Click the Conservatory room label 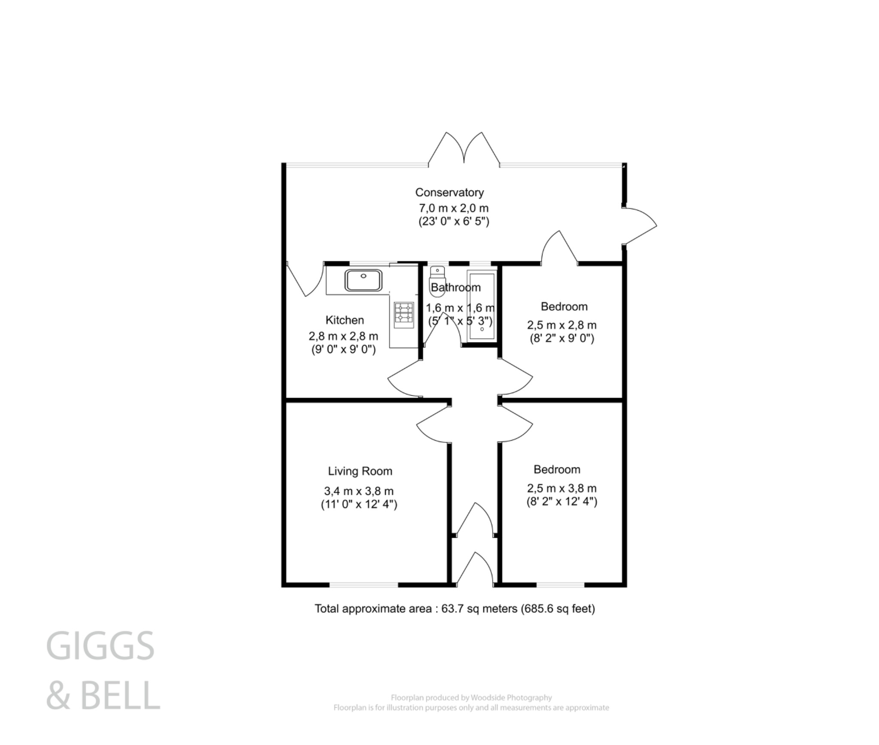click(x=449, y=193)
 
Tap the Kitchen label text click(x=345, y=320)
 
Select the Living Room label click(x=360, y=471)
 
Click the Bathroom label click(x=456, y=288)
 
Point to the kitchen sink click(x=363, y=280)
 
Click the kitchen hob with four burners click(x=404, y=312)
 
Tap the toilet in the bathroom click(x=437, y=277)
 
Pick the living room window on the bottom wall click(x=364, y=584)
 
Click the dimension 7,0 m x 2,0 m click(x=454, y=209)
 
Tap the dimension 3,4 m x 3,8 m click(x=359, y=491)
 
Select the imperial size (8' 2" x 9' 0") click(x=562, y=339)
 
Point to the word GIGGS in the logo click(x=100, y=646)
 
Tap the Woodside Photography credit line click(x=471, y=697)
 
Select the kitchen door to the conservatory click(x=305, y=279)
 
